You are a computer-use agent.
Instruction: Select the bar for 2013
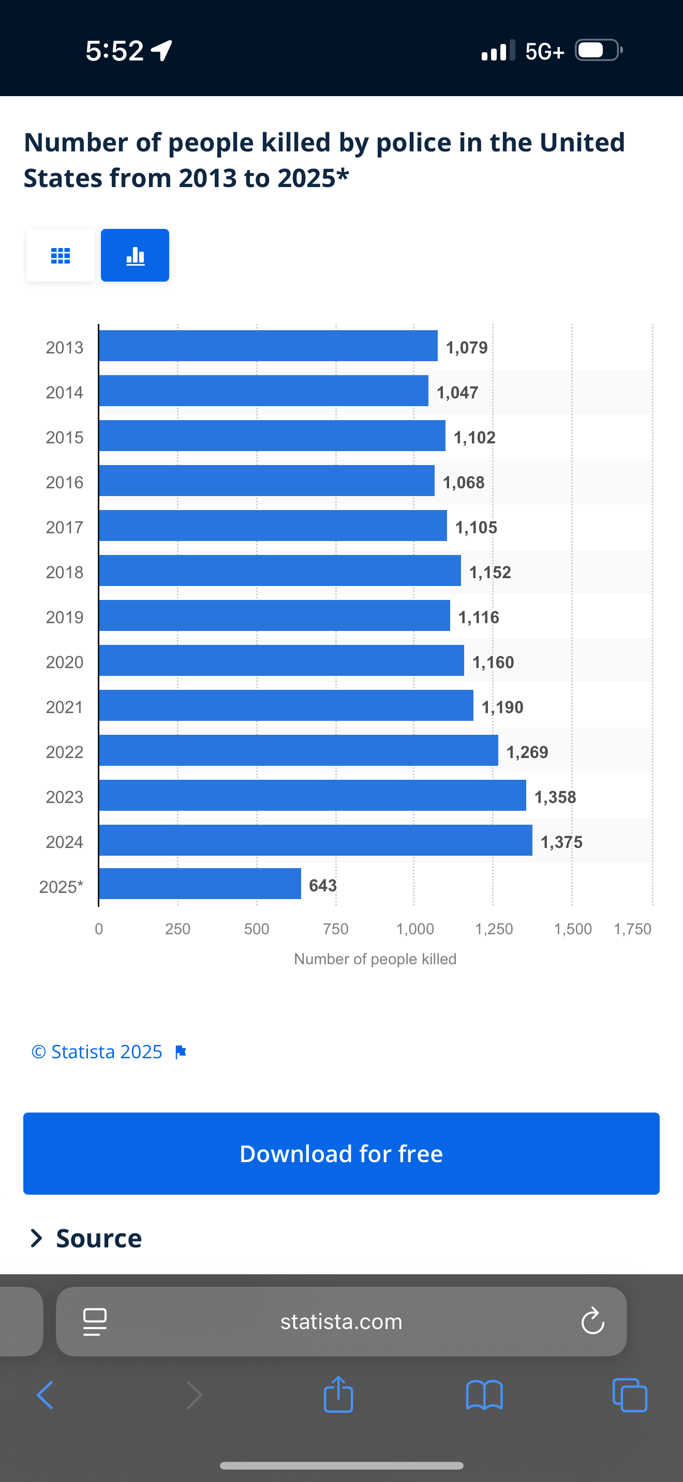(268, 346)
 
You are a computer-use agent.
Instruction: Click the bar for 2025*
(200, 884)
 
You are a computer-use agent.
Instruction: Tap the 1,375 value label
(561, 842)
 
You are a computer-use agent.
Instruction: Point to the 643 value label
(322, 885)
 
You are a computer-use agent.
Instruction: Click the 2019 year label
(65, 617)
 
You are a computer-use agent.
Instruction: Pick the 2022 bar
(299, 750)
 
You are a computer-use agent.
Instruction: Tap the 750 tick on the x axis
(336, 929)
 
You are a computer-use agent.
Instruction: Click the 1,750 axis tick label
(632, 929)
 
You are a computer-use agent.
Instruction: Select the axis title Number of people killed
(375, 959)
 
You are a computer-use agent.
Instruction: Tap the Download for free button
(341, 1153)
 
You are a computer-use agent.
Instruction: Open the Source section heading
(98, 1239)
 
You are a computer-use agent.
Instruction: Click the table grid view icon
(61, 255)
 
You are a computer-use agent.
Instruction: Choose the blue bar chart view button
(135, 255)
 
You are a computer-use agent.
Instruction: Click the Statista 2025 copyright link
(97, 1052)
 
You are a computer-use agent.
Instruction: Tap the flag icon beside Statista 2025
(181, 1052)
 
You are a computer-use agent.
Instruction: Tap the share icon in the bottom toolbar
(338, 1395)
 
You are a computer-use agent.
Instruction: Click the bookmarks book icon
(484, 1395)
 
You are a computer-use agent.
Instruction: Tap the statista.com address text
(341, 1321)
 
